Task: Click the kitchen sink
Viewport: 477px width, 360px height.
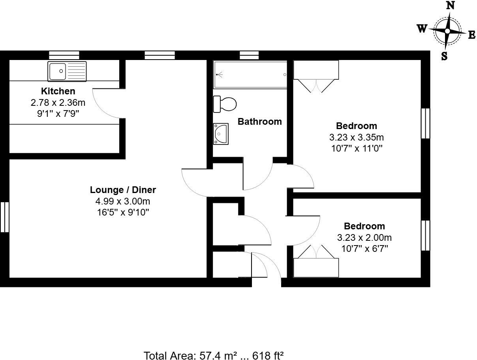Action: coord(67,71)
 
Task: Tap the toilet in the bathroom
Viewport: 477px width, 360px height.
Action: coord(225,104)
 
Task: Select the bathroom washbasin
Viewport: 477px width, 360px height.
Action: coord(220,134)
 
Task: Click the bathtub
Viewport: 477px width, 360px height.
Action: coord(250,75)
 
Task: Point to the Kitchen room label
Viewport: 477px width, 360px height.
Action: coord(58,91)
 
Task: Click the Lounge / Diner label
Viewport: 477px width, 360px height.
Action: coord(123,190)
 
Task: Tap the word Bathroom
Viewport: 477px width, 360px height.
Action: coord(259,122)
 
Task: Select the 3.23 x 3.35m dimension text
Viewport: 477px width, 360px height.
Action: coord(356,137)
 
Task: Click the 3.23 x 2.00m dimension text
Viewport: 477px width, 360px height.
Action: coord(364,238)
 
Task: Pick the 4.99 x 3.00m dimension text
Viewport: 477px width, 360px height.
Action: coord(123,201)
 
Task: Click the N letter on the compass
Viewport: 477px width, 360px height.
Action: coord(450,5)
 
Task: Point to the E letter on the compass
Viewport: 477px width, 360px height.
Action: coord(471,35)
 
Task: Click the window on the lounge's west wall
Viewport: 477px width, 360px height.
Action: coord(4,217)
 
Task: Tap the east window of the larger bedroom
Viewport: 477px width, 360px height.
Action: coord(425,123)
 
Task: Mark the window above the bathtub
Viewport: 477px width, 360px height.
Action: coord(249,55)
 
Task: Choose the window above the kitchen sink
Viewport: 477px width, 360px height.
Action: coord(64,55)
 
